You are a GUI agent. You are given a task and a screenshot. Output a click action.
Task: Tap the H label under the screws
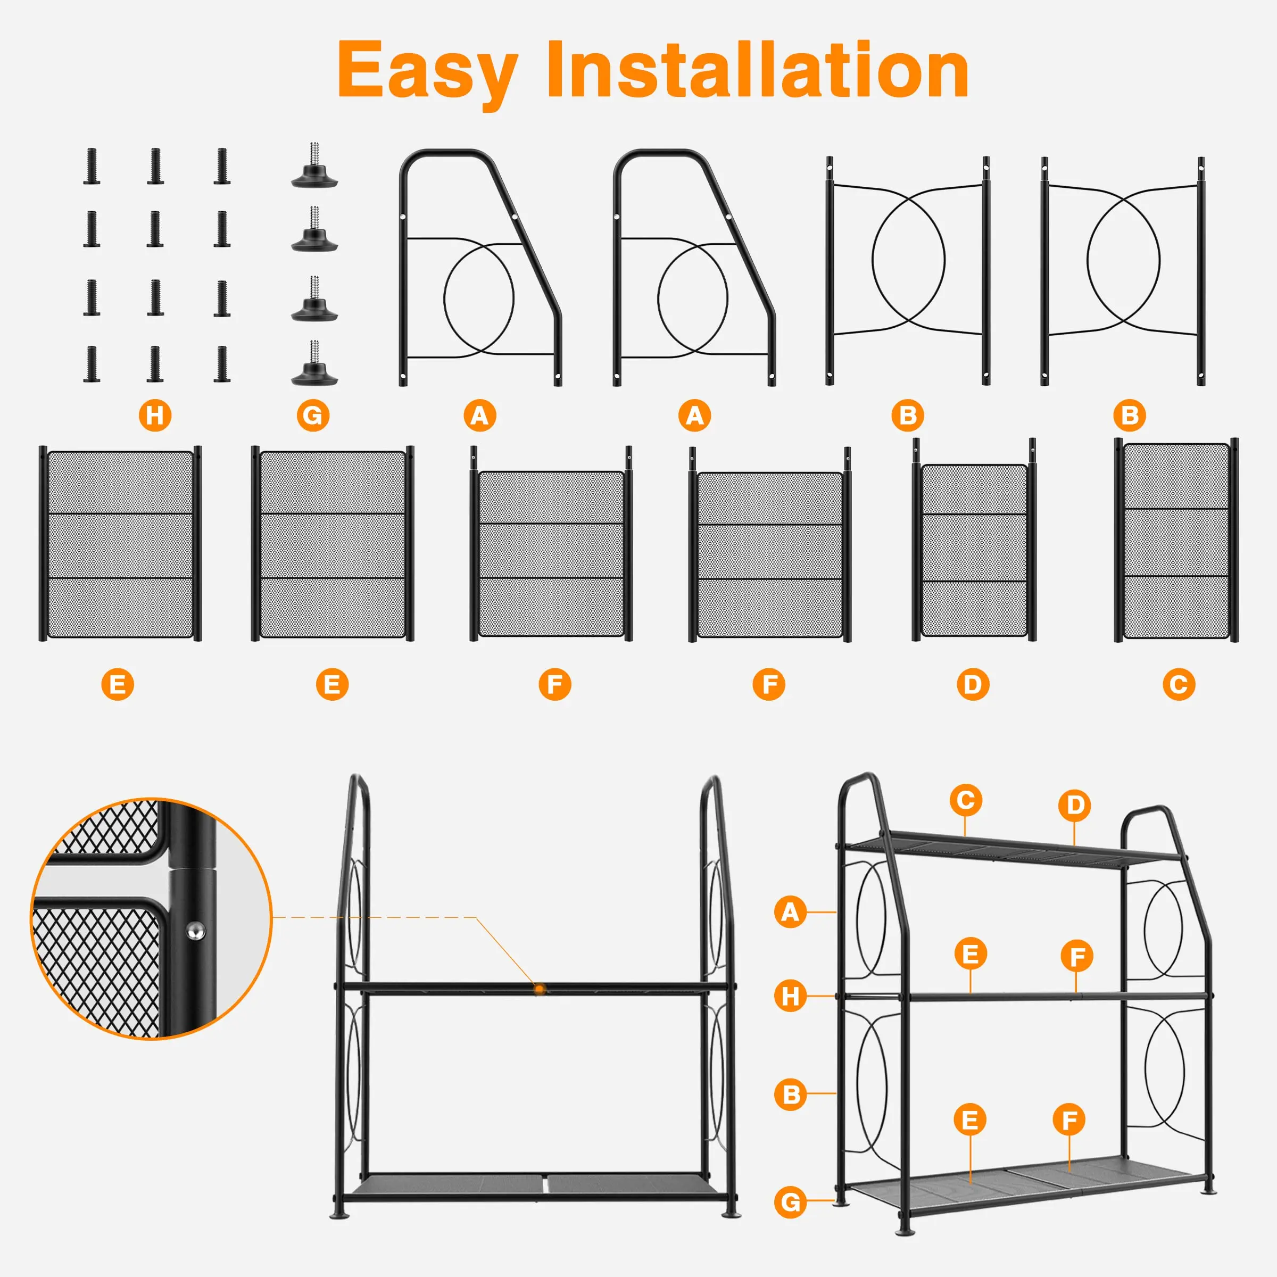pos(155,415)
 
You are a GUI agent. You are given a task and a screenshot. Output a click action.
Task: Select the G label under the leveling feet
pos(313,415)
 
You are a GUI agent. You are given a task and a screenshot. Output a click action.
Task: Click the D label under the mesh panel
pos(973,684)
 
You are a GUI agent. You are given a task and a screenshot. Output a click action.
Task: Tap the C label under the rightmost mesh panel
pos(1179,684)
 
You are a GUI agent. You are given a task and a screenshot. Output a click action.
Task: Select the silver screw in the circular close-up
pos(195,931)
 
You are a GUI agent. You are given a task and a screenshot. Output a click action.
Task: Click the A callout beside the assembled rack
pos(791,912)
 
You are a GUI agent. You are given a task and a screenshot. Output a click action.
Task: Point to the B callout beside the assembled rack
pos(791,1094)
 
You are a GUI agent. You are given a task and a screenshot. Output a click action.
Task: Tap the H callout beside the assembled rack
pos(791,996)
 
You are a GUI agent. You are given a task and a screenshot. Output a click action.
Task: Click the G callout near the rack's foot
pos(791,1201)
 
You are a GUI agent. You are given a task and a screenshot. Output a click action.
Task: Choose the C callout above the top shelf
pos(966,800)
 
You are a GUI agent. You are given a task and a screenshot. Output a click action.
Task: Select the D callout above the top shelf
pos(1074,805)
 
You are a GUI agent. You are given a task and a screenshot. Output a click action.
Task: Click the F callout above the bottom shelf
pos(1069,1120)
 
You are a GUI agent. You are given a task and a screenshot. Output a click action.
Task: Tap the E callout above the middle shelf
pos(971,954)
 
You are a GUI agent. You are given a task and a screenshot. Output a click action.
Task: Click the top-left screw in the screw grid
pos(92,166)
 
